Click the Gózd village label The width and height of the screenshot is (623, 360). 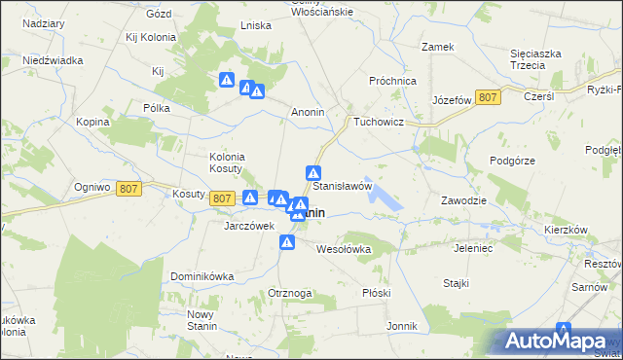point(158,15)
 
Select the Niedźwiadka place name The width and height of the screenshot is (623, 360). point(54,60)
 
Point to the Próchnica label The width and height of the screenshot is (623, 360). point(393,82)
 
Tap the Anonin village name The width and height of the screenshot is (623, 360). point(309,112)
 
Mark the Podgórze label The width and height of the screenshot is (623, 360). point(513,161)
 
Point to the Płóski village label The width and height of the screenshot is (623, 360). point(375,293)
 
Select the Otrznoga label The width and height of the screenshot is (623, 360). point(290,293)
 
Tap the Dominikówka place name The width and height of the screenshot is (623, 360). point(202,276)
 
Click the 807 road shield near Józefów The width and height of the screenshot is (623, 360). point(490,97)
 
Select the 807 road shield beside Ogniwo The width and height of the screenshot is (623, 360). point(129,190)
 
